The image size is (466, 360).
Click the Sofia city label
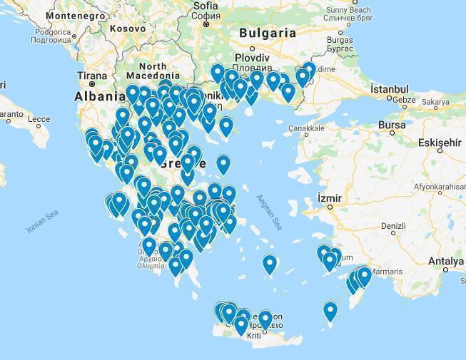206,6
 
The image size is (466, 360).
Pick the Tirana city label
92,76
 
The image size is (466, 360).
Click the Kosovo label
128,29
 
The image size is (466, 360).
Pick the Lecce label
39,119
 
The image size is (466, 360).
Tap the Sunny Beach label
349,10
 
